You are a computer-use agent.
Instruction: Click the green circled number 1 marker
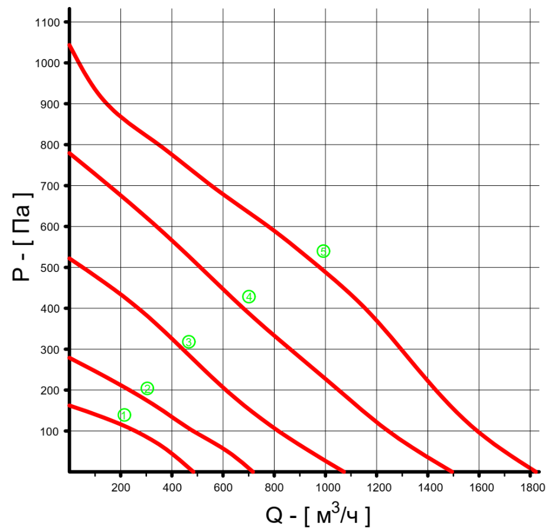[124, 415]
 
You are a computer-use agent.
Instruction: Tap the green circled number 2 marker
[148, 388]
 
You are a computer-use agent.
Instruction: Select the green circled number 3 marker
[188, 342]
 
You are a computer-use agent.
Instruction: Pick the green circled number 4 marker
[249, 297]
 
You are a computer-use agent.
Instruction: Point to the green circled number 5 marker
[323, 251]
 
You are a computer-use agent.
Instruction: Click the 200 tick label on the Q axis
[120, 487]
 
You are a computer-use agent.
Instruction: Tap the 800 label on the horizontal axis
[274, 487]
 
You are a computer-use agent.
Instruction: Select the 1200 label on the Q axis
[376, 487]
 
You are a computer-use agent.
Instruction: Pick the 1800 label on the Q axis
[530, 487]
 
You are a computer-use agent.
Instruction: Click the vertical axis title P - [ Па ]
[22, 236]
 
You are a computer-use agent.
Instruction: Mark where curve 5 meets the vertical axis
[70, 45]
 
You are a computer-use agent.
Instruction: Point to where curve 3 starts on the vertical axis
[70, 258]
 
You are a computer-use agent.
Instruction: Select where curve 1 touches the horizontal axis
[193, 471]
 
